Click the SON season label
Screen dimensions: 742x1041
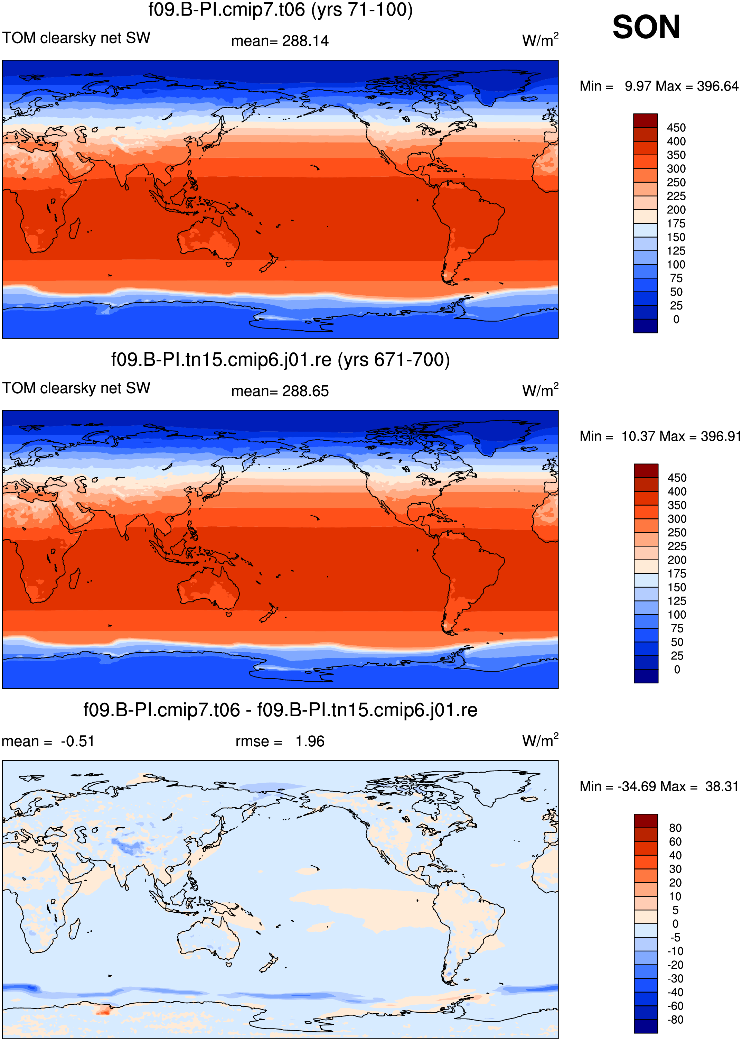(x=646, y=27)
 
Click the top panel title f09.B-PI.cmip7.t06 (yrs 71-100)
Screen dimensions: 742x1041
(x=281, y=10)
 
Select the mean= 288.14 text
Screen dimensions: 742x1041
(x=280, y=41)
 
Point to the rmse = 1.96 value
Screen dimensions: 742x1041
(x=280, y=741)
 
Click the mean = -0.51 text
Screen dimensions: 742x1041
(x=48, y=741)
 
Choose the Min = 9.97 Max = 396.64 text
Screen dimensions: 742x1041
(x=659, y=86)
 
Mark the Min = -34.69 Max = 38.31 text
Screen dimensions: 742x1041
(x=659, y=786)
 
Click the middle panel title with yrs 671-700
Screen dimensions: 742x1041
(x=281, y=360)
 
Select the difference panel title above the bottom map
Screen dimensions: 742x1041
(x=281, y=710)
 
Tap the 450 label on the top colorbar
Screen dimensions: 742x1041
(x=676, y=128)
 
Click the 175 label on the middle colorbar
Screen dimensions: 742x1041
(x=677, y=574)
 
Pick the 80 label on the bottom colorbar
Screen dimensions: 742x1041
(x=675, y=828)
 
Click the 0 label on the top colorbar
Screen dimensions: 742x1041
(x=676, y=320)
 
